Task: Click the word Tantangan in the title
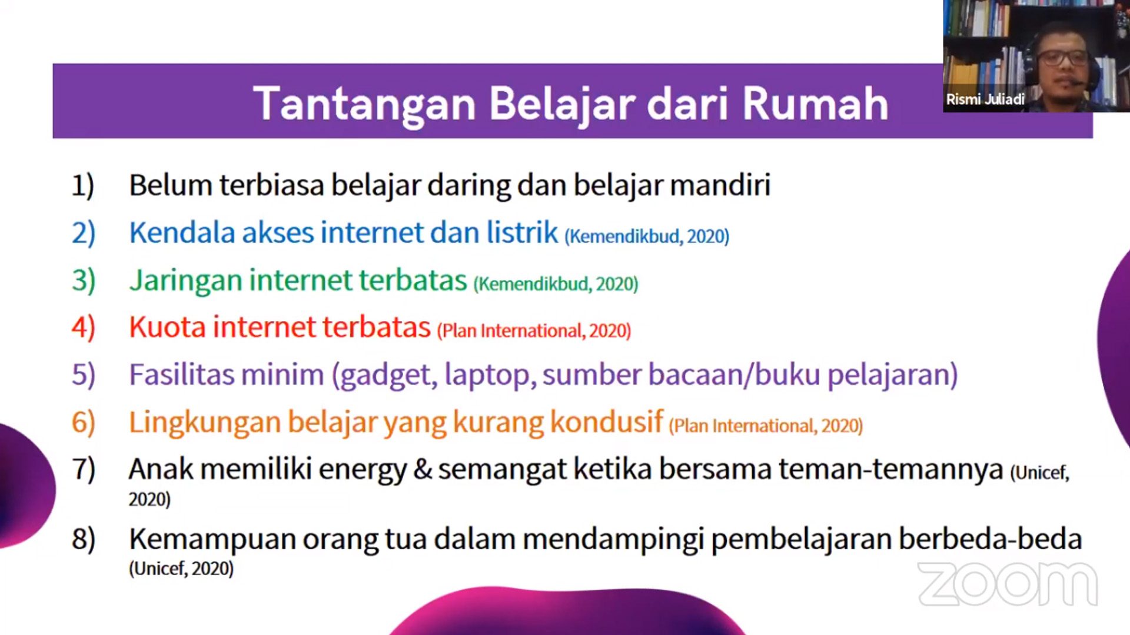365,104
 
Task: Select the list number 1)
83,186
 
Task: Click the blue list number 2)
84,233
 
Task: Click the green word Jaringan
186,281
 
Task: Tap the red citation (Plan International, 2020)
534,330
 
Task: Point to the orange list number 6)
84,422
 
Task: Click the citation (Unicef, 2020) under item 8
181,569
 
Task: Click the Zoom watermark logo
1008,584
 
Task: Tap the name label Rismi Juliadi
985,99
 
